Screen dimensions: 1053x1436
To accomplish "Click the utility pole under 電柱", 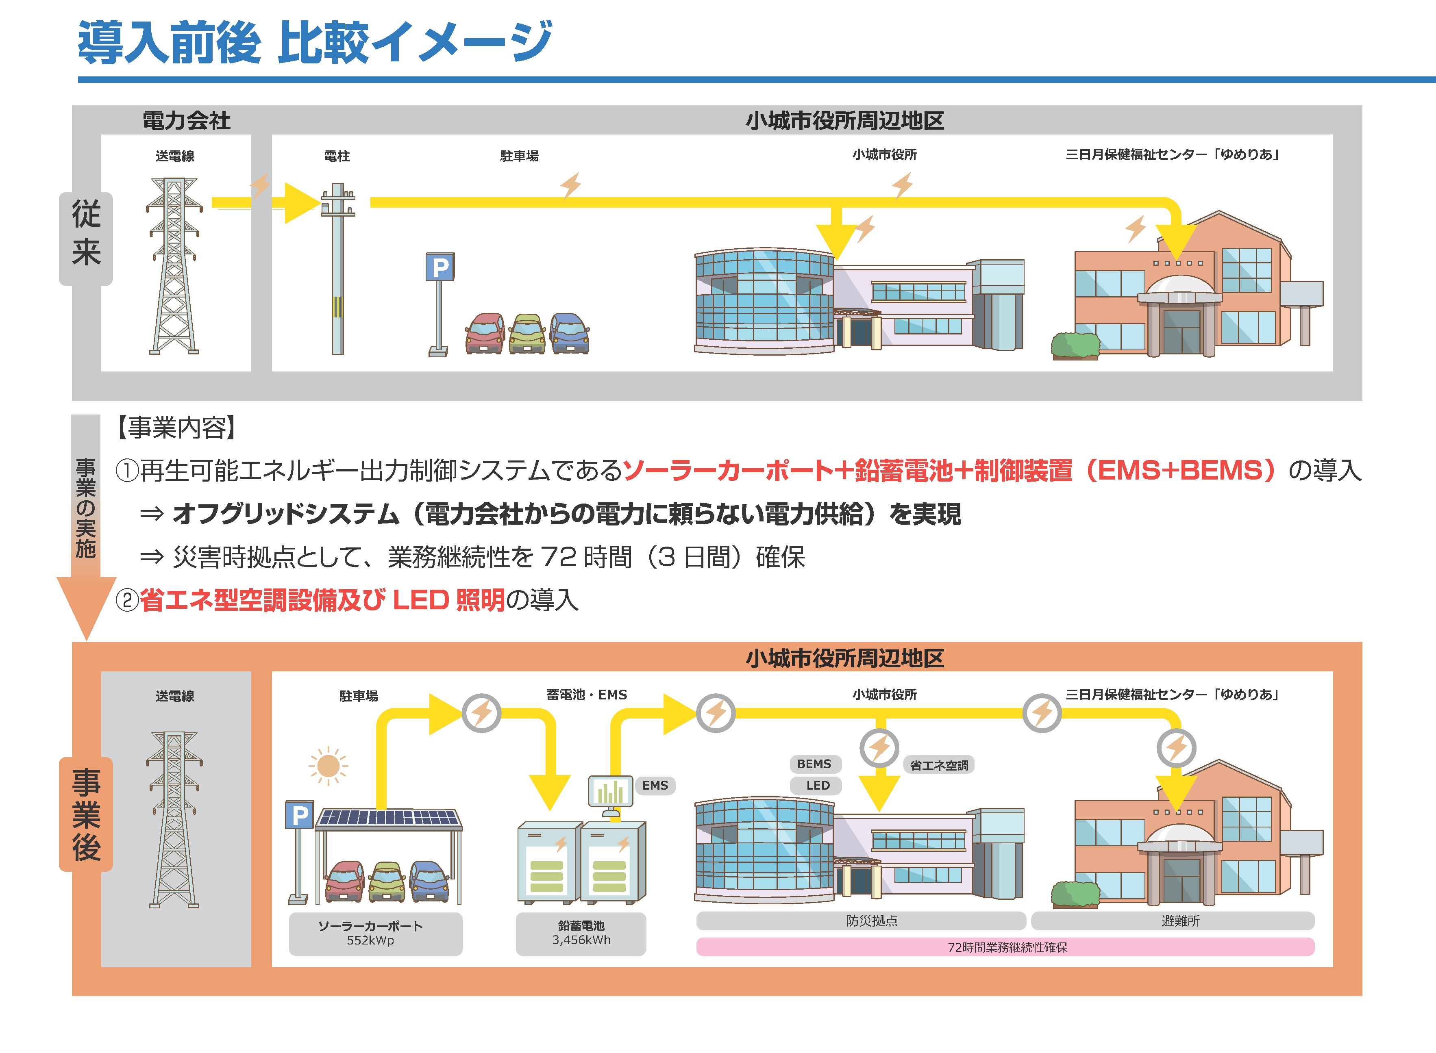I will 337,274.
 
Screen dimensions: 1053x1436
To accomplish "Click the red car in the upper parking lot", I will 485,333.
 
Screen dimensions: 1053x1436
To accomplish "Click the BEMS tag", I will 814,764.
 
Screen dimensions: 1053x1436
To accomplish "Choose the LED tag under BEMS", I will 817,785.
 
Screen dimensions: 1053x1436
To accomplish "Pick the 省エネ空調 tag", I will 938,765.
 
